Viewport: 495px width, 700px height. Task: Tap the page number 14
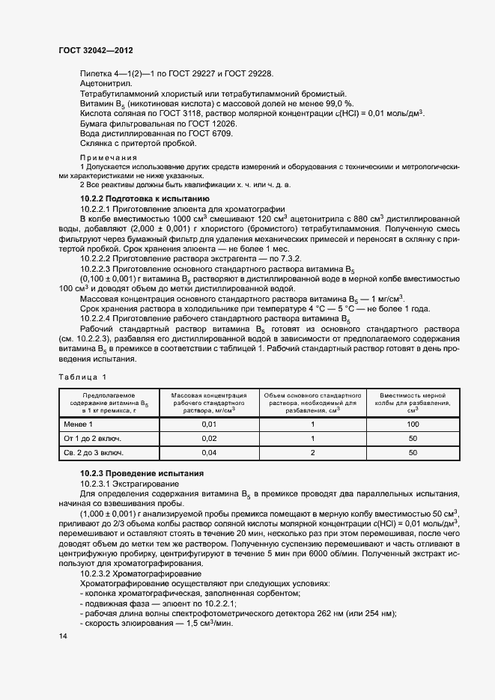(62, 636)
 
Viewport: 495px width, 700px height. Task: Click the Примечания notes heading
(108, 158)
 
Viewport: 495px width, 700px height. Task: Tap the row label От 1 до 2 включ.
(93, 439)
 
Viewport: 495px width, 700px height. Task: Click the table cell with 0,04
(209, 453)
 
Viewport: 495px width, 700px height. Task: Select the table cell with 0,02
(209, 439)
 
